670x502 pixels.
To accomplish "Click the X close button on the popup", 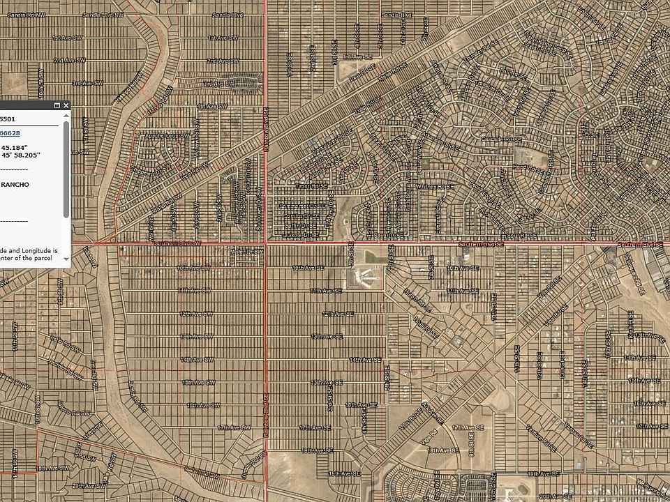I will pos(66,105).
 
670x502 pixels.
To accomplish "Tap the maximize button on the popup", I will pos(57,105).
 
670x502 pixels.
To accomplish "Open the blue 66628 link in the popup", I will pos(10,133).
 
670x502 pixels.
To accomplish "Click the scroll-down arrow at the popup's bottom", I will pos(66,262).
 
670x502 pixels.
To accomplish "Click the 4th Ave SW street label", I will pos(211,106).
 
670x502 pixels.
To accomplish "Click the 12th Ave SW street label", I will pos(198,314).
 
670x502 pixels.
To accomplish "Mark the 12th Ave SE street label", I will pos(337,314).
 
